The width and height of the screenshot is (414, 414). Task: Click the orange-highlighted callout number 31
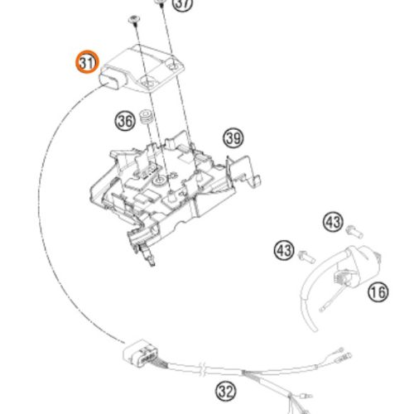(x=87, y=62)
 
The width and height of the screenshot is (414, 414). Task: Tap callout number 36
(x=125, y=121)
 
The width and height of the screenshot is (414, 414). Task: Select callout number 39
(x=233, y=137)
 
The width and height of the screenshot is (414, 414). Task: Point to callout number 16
(x=378, y=292)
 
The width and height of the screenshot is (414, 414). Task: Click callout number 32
(x=226, y=391)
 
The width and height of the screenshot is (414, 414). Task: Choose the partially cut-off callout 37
(x=183, y=5)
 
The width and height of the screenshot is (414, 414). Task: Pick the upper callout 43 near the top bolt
(x=333, y=222)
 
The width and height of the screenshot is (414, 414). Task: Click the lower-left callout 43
(x=284, y=250)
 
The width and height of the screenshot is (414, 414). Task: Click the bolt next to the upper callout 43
(x=354, y=232)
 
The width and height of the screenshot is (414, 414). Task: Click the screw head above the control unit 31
(x=134, y=20)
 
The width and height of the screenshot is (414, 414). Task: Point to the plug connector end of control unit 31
(x=109, y=79)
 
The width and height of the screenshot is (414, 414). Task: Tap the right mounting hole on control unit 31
(x=174, y=67)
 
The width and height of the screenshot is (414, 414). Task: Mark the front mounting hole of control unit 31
(x=147, y=83)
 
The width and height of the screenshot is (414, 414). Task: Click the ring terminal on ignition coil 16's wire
(x=322, y=310)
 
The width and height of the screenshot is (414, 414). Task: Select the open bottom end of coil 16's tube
(x=314, y=329)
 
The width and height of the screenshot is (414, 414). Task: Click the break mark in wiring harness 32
(x=203, y=369)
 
